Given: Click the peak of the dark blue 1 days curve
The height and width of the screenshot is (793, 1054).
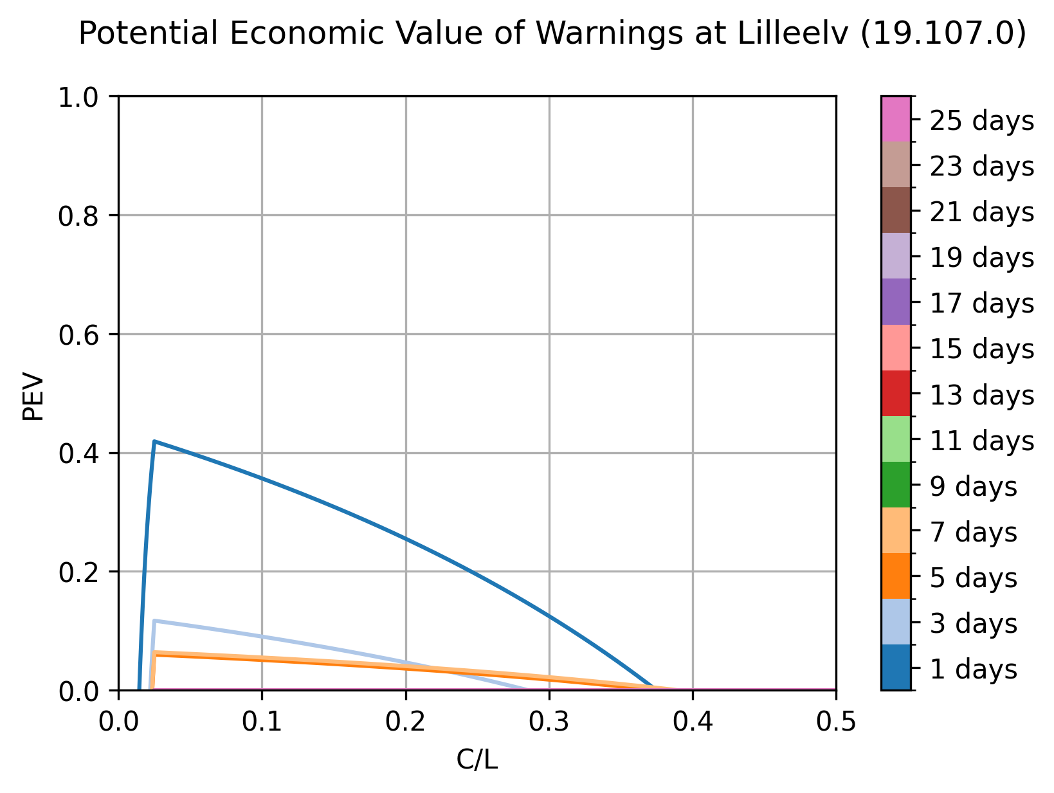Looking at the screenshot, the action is pyautogui.click(x=154, y=441).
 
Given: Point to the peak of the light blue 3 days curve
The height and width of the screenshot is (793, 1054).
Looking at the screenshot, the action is pyautogui.click(x=154, y=621).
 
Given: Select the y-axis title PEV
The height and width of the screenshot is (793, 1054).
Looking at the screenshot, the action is pyautogui.click(x=33, y=396).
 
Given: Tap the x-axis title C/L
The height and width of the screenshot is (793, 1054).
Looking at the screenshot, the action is pyautogui.click(x=477, y=760).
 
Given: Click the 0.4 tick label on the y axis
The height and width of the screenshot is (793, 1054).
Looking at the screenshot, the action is pyautogui.click(x=78, y=453).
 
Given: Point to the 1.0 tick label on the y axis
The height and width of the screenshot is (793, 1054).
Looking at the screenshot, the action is pyautogui.click(x=78, y=98).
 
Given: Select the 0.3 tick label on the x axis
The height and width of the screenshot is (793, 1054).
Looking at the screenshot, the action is pyautogui.click(x=549, y=722).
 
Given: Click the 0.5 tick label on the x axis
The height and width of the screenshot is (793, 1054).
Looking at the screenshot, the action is pyautogui.click(x=836, y=722).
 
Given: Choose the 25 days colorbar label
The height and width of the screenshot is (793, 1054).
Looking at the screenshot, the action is pyautogui.click(x=981, y=120).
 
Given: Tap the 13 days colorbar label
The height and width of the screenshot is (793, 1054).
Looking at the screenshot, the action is pyautogui.click(x=981, y=395).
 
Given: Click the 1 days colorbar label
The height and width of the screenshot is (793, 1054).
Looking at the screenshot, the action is pyautogui.click(x=974, y=669).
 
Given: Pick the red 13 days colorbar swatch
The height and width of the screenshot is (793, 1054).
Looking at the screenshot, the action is pyautogui.click(x=896, y=393).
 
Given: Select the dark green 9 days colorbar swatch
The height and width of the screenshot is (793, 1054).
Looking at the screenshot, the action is pyautogui.click(x=896, y=485).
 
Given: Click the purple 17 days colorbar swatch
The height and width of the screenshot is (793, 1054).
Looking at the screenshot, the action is pyautogui.click(x=896, y=302).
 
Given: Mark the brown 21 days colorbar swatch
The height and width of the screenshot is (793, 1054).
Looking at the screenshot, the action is pyautogui.click(x=896, y=210).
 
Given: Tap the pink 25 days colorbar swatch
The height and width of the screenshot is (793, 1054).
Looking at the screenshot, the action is pyautogui.click(x=896, y=119).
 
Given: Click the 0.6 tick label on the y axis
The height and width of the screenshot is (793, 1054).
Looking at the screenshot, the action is pyautogui.click(x=78, y=335).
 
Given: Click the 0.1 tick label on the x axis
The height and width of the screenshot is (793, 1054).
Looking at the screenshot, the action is pyautogui.click(x=262, y=722).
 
